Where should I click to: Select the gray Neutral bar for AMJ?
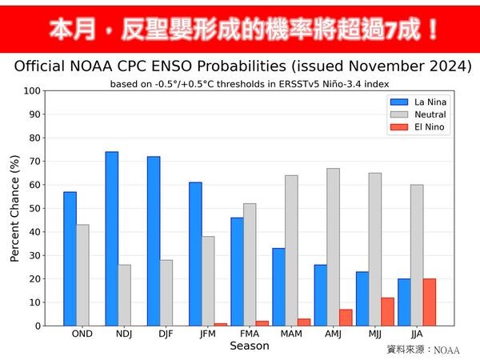click(334, 247)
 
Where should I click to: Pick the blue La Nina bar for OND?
click(70, 258)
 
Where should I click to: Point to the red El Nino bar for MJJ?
click(388, 312)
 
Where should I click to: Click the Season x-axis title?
click(250, 346)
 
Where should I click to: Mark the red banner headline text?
click(240, 30)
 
